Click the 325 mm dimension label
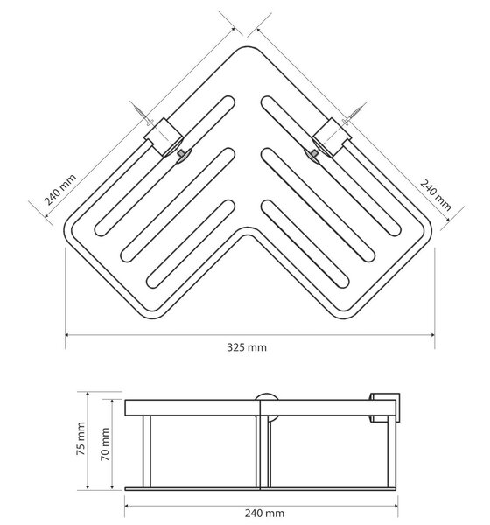tap(247, 347)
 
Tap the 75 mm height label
tap(80, 438)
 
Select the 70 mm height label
tap(105, 444)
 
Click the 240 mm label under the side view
tap(264, 513)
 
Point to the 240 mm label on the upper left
tap(60, 190)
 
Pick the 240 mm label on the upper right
tap(436, 195)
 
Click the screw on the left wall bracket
tap(143, 114)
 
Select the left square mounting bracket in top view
tap(164, 136)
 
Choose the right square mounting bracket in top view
tap(332, 136)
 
